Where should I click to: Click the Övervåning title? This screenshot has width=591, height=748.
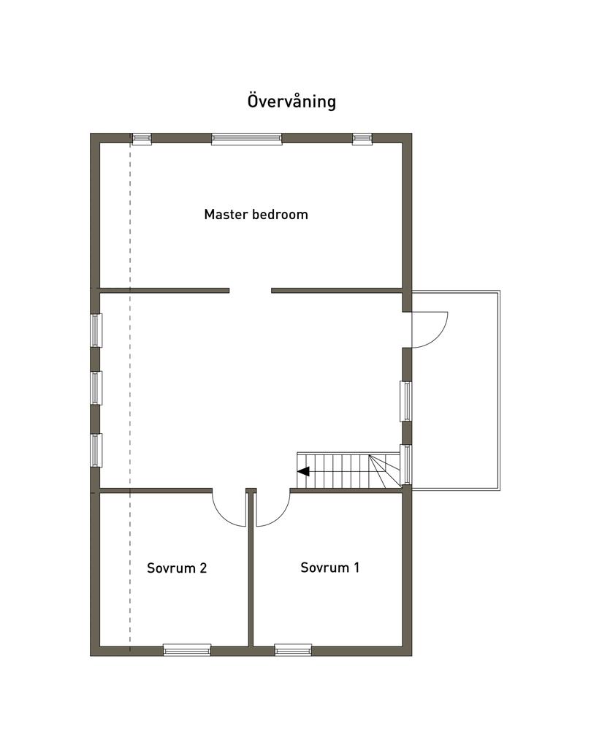tap(291, 101)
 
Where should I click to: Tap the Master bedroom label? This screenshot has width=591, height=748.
tap(256, 215)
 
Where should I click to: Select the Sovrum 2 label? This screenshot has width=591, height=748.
tap(177, 568)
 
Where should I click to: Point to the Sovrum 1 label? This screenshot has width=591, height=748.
tap(329, 568)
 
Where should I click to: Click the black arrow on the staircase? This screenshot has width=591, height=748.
tap(303, 472)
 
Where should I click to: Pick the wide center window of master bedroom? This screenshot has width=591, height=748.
tap(247, 139)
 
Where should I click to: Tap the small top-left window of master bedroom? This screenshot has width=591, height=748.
tap(142, 139)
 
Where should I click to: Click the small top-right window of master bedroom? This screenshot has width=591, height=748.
tap(362, 139)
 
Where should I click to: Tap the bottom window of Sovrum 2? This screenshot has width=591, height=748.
tap(187, 649)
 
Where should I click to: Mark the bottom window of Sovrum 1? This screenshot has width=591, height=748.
tap(293, 649)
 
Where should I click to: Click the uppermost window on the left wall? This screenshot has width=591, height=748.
tap(96, 330)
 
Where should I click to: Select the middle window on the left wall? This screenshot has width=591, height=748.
tap(96, 388)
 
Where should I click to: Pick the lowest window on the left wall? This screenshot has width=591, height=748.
tap(96, 450)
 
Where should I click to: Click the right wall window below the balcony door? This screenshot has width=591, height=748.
tap(406, 401)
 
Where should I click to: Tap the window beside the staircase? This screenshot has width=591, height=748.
tap(406, 464)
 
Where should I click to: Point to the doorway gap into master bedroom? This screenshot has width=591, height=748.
tap(251, 291)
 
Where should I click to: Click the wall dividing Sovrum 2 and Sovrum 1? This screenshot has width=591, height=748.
tap(251, 568)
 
